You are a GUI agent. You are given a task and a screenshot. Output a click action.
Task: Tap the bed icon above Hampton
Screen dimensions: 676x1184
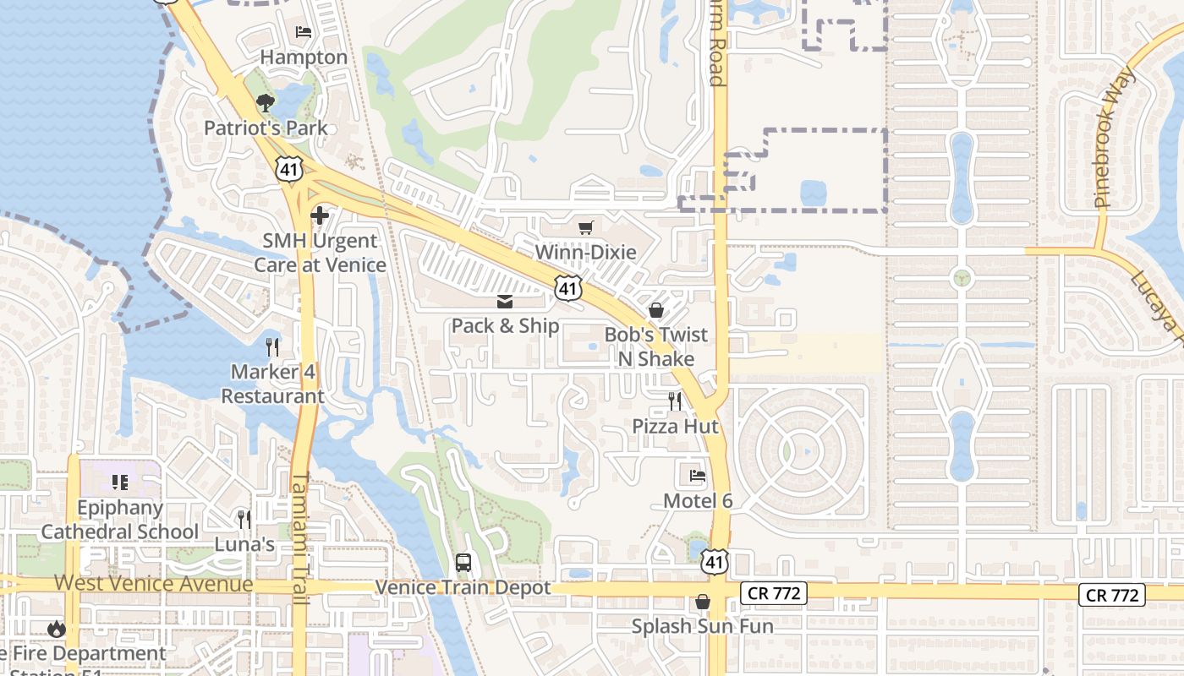click(x=304, y=33)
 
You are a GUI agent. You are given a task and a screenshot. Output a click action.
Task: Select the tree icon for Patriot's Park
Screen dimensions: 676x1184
click(x=266, y=103)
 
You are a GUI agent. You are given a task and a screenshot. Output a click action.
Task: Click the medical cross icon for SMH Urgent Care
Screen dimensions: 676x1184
click(x=320, y=215)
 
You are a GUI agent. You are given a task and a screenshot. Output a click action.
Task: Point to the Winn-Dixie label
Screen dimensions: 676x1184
click(x=585, y=252)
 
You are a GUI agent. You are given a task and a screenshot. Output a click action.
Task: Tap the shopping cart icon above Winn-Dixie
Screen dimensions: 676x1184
click(x=585, y=227)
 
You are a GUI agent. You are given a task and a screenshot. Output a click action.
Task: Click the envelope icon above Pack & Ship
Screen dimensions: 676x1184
click(x=505, y=302)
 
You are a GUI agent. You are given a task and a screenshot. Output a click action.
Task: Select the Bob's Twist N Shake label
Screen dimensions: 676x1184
click(x=655, y=346)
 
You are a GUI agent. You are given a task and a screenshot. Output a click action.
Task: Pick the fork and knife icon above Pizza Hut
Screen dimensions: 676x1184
click(x=675, y=401)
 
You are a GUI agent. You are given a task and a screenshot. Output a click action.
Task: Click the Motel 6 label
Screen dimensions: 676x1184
click(x=698, y=500)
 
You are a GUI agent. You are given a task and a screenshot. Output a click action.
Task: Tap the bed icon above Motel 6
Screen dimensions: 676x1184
click(x=698, y=476)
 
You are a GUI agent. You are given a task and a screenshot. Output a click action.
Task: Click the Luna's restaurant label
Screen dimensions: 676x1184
click(x=244, y=544)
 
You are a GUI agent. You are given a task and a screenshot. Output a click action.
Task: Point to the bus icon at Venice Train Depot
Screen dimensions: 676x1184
click(x=463, y=562)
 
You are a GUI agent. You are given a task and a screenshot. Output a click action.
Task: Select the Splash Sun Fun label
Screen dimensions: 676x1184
click(x=703, y=626)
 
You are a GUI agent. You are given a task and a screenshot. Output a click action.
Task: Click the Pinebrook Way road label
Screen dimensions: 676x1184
click(x=1115, y=139)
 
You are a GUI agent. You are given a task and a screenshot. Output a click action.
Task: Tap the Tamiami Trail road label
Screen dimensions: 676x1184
click(x=300, y=538)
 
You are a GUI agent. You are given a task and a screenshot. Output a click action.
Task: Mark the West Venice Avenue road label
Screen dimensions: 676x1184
click(x=154, y=584)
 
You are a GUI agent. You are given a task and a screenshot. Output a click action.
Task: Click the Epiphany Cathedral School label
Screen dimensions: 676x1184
click(x=120, y=520)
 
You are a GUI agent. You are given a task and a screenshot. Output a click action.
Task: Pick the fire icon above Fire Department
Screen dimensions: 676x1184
click(x=57, y=629)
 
